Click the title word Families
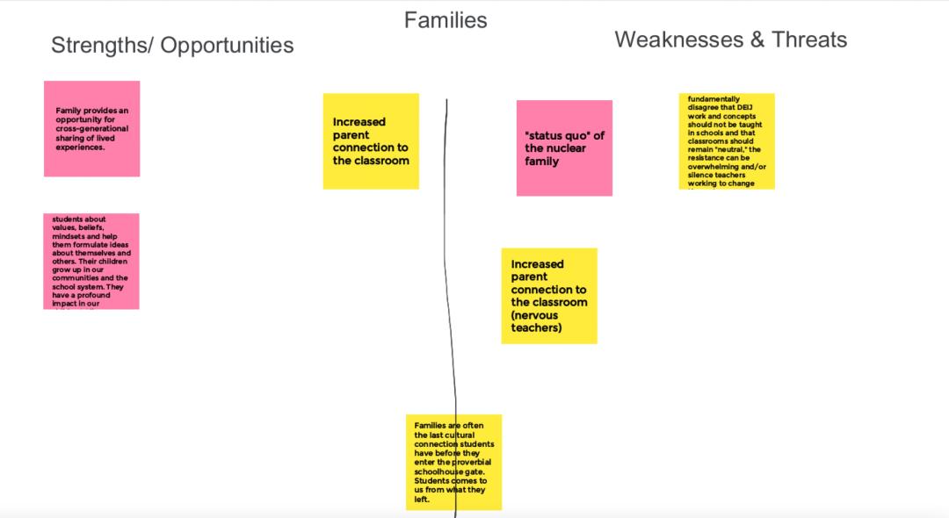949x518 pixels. pos(445,20)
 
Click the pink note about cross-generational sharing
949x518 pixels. pos(92,129)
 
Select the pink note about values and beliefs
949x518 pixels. pos(91,261)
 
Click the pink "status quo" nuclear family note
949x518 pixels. pos(564,147)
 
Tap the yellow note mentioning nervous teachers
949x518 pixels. pos(549,296)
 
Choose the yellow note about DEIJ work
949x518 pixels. pos(727,141)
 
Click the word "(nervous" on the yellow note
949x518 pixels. pos(536,315)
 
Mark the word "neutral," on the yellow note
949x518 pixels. pos(724,149)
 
